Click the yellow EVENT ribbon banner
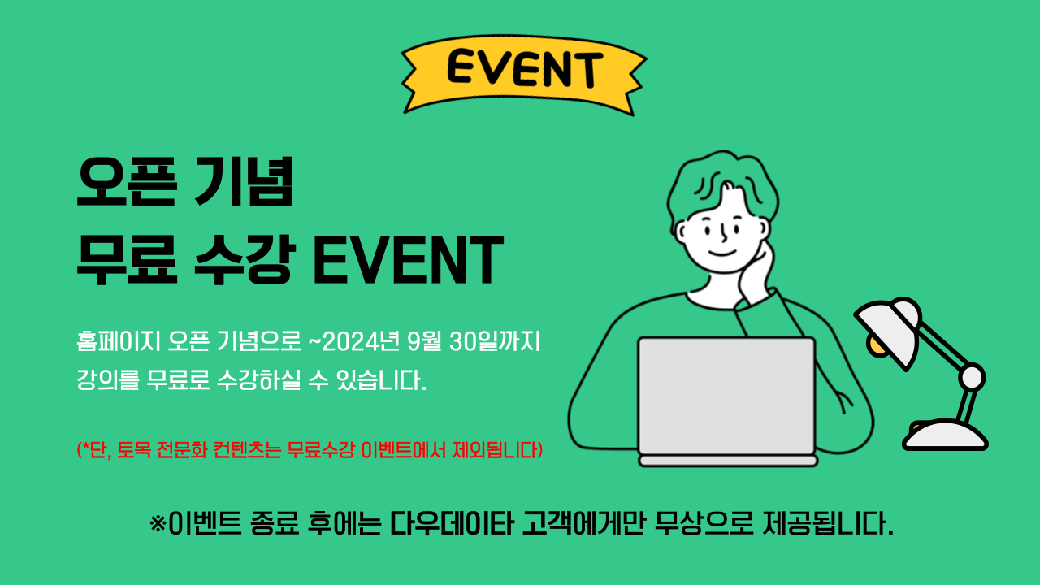click(524, 74)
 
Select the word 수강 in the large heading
click(245, 259)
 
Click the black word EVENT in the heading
click(409, 259)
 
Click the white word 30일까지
click(495, 342)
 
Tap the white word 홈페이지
click(119, 342)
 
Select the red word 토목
click(134, 449)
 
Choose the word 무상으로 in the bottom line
click(704, 524)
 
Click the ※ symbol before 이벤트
click(158, 524)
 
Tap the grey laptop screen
click(726, 396)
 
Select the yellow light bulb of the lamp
click(875, 346)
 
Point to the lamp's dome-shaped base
click(945, 435)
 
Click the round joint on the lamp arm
click(971, 376)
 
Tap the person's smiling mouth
click(722, 253)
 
